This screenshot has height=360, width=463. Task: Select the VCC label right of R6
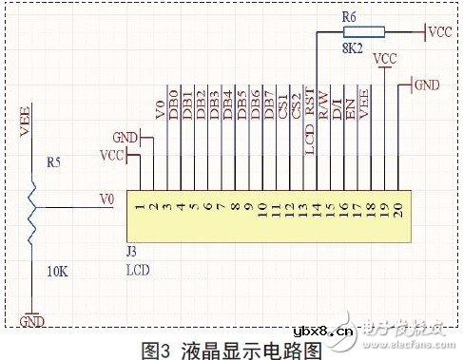point(440,31)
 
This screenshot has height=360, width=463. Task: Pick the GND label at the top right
point(427,85)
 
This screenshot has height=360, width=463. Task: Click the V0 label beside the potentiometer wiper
point(107,199)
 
